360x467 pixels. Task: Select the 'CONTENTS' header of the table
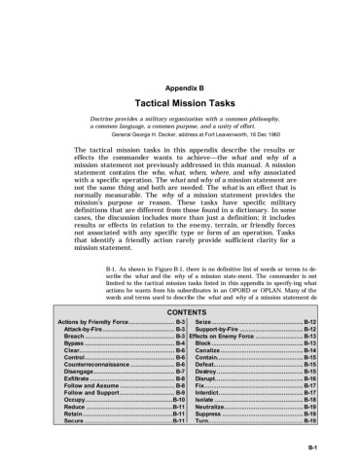(188, 311)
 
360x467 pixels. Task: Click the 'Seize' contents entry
(202, 319)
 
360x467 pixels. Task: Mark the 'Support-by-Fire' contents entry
(222, 327)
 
